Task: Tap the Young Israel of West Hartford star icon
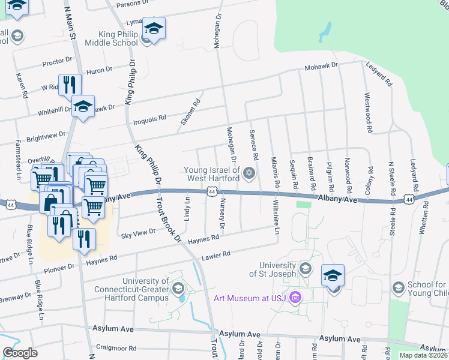249,175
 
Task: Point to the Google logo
20,353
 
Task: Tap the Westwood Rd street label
367,113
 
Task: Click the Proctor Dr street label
57,62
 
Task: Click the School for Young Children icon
397,288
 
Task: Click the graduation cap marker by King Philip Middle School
154,29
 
